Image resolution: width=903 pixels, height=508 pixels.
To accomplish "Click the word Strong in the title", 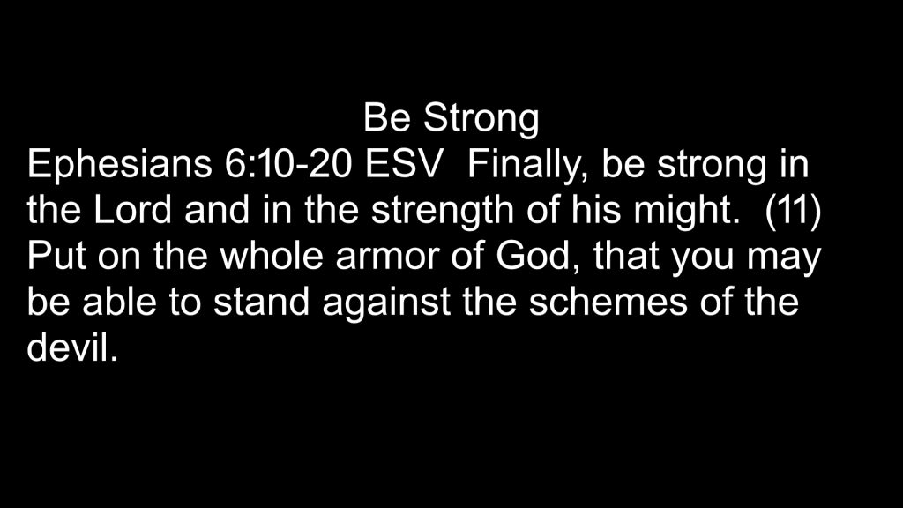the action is click(x=481, y=119).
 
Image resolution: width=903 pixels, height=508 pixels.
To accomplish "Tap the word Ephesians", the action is click(x=119, y=165).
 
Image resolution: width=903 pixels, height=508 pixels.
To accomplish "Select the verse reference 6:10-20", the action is click(x=288, y=163).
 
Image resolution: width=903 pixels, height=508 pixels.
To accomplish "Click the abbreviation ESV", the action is click(x=404, y=163).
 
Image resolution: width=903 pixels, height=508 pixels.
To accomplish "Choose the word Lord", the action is click(x=132, y=210).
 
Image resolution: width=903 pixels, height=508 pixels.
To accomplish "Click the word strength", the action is click(x=443, y=212).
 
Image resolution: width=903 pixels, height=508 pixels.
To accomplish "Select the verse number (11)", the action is click(x=793, y=212).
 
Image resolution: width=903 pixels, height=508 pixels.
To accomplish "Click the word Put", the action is click(x=56, y=257).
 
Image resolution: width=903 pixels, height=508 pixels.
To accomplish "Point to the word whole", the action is click(x=272, y=256).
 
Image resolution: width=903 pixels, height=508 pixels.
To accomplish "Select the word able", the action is click(x=119, y=302).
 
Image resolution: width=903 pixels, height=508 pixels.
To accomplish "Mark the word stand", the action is click(x=261, y=302).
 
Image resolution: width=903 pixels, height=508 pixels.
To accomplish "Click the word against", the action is click(x=386, y=303).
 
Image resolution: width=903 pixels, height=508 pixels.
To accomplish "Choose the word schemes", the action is click(x=608, y=302).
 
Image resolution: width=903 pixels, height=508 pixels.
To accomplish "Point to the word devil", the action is click(x=72, y=347).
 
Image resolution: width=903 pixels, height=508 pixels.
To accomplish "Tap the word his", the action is click(x=596, y=210).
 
